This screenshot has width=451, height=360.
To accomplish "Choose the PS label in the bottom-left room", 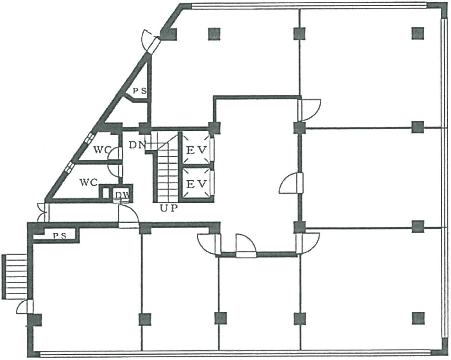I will pos(59,236).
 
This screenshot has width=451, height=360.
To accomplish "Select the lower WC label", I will pos(89,183).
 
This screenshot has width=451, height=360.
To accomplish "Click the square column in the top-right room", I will pos(418,33).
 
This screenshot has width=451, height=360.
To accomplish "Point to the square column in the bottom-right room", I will pos(418,318).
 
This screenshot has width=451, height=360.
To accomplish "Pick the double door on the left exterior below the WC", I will pos(42,213).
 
